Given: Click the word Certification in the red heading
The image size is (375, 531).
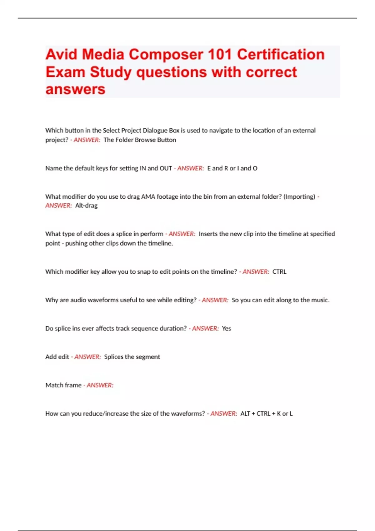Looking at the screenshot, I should (281, 55).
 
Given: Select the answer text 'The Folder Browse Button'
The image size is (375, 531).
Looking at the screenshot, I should (140, 140).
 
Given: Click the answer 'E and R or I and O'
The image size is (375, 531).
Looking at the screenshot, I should (232, 168).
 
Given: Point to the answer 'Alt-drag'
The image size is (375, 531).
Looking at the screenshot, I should (86, 206).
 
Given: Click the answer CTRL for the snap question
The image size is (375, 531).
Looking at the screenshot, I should (279, 272).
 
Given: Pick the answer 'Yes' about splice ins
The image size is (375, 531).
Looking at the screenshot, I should (226, 329).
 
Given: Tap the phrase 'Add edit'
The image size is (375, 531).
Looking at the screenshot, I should (57, 357).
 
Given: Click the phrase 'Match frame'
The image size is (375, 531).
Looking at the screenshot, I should (63, 385).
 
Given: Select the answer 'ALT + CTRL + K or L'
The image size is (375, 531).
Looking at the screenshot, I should (266, 414).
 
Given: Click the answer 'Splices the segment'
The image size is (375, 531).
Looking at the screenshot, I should (132, 357).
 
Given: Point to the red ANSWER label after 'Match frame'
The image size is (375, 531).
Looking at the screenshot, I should (100, 385).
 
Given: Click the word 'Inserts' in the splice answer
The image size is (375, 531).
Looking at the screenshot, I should (208, 234).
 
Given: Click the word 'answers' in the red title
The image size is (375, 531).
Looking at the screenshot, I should (75, 90).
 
